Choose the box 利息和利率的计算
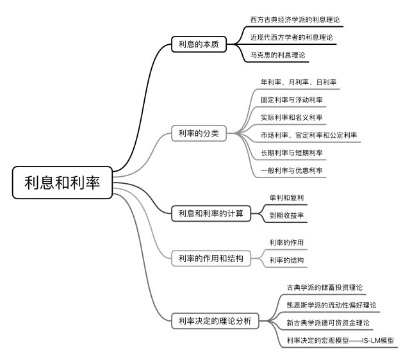coord(211,213)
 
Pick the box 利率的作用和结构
coord(211,258)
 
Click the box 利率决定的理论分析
coord(215,320)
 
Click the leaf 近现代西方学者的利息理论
coord(291,37)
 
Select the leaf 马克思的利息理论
coord(278,54)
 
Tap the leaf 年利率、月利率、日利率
coord(299,83)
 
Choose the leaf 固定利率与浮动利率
coord(291,100)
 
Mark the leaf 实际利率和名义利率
coord(291,117)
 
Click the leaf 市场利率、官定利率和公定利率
coord(309,135)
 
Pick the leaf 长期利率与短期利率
coord(291,152)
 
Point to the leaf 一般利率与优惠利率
coord(291,170)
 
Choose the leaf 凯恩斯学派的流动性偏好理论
coord(331,305)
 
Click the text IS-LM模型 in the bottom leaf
coord(377,340)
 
